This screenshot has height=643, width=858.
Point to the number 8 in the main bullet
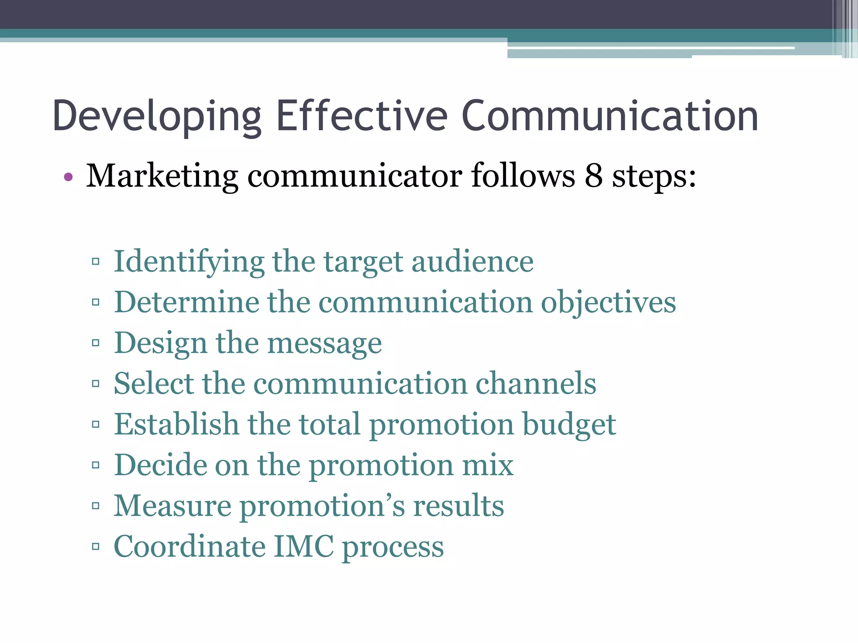(x=594, y=176)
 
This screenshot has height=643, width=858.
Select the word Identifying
(x=189, y=262)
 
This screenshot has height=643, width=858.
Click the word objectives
(x=608, y=303)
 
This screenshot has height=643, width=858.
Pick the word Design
(x=160, y=343)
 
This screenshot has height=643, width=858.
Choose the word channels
(x=536, y=383)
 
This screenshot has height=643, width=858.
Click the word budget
(x=569, y=424)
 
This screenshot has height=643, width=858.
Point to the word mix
(x=488, y=465)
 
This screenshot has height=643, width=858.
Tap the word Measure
(x=172, y=506)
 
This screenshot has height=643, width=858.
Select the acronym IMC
(x=304, y=546)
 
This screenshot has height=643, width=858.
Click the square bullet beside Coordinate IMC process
(x=96, y=546)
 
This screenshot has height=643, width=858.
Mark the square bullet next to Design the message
(x=96, y=343)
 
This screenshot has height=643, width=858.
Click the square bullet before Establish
(x=96, y=424)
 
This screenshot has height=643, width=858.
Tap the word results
(x=459, y=506)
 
